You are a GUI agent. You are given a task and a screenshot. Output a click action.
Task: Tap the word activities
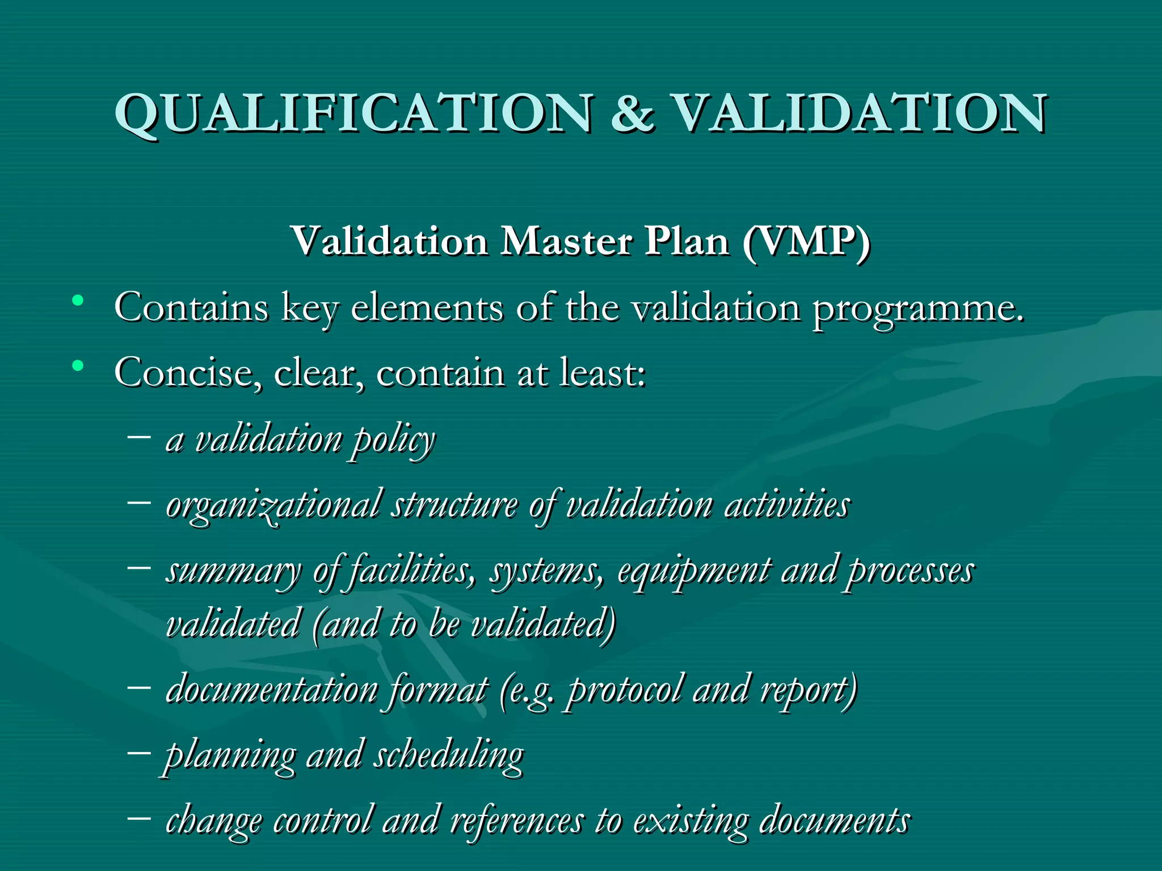787,505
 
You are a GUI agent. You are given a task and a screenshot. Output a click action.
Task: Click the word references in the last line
517,822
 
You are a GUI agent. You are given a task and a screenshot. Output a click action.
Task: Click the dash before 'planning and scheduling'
139,752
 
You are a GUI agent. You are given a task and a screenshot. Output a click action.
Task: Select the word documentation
272,691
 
